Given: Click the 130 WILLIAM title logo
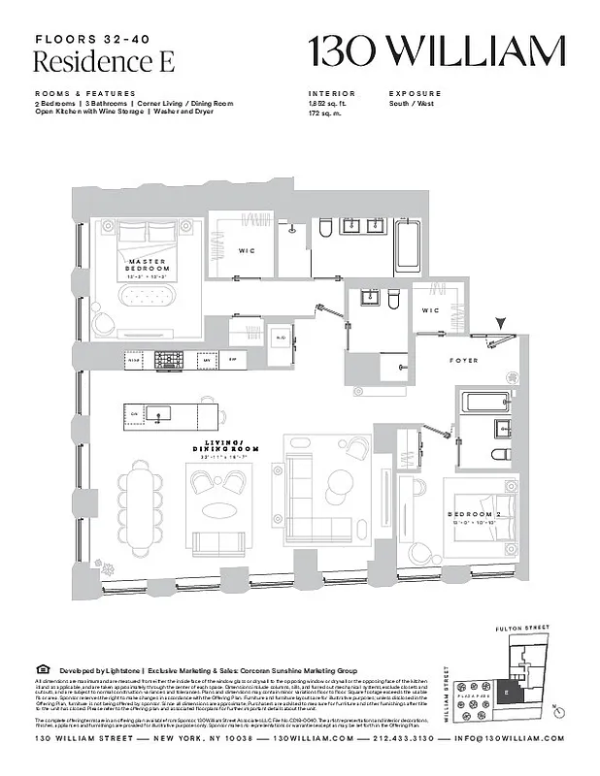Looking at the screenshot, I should point(437,49).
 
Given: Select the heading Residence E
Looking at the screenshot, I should point(92,62).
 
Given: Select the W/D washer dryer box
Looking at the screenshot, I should point(281,339).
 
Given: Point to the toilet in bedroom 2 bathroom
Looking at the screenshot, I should point(499,455).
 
